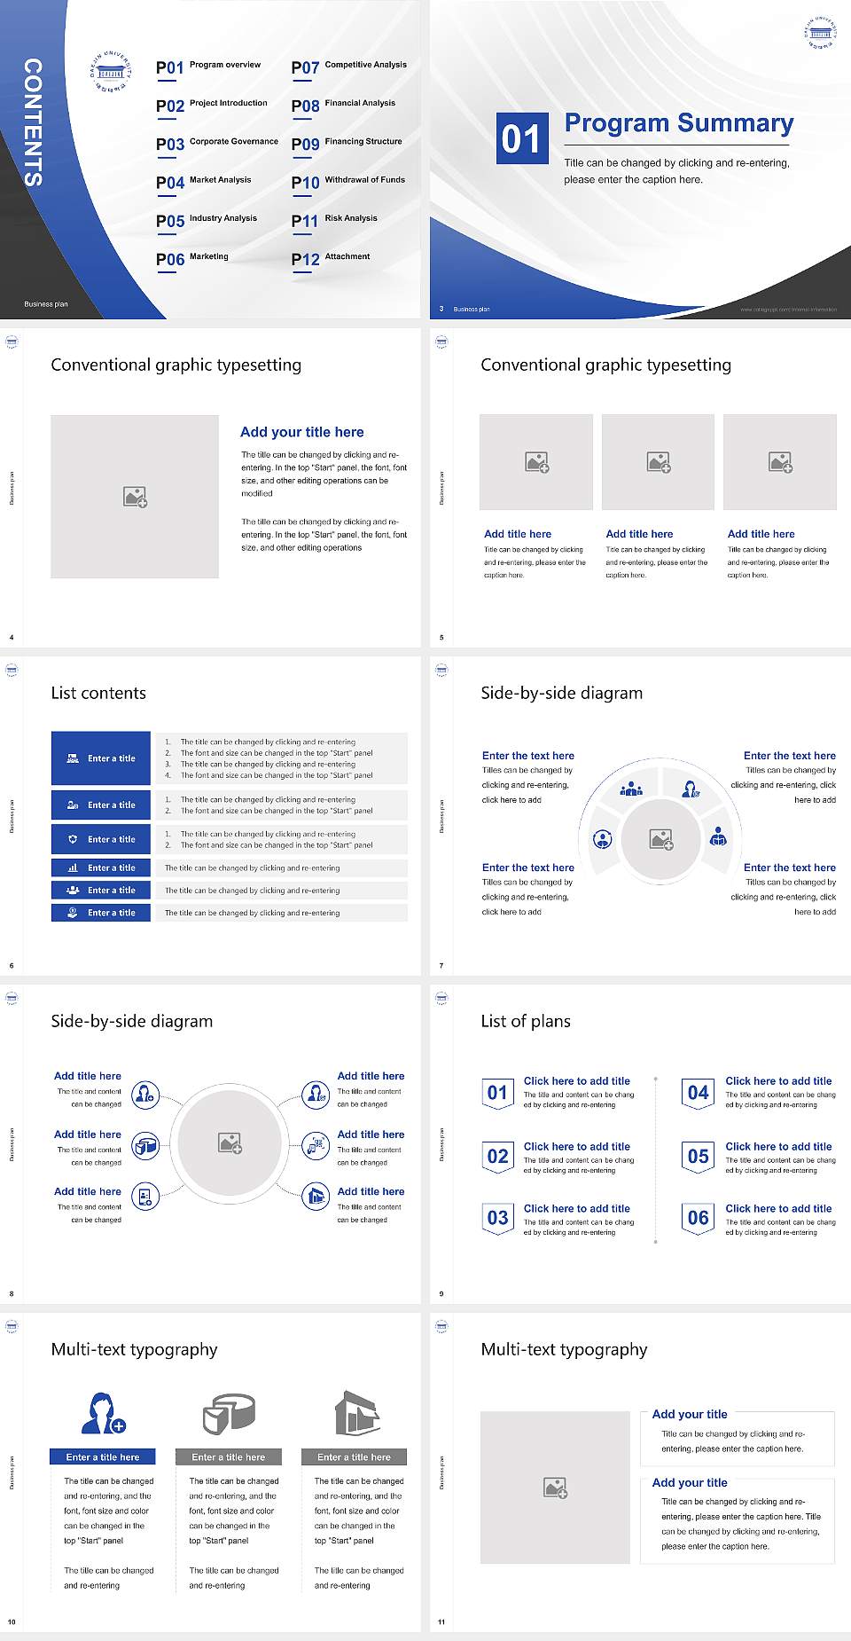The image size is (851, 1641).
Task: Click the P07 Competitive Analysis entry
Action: [x=349, y=67]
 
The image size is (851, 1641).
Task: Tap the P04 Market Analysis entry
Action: [x=204, y=182]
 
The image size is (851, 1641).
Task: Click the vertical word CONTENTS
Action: [x=32, y=122]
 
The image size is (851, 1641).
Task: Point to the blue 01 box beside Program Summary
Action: [x=521, y=138]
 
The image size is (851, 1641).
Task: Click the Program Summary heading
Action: [x=678, y=123]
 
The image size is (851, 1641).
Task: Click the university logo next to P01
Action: [x=111, y=71]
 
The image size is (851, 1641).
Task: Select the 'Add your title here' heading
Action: [x=301, y=432]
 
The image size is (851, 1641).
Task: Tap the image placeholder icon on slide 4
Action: [x=135, y=497]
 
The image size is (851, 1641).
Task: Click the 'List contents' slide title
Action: [x=98, y=693]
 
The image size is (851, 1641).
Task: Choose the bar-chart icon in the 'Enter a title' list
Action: [x=73, y=868]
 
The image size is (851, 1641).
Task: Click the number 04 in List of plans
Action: [x=698, y=1093]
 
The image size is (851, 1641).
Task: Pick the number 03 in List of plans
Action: [x=497, y=1218]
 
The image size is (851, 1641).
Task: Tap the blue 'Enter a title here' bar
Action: [x=103, y=1456]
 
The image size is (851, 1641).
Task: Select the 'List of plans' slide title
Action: [x=526, y=1021]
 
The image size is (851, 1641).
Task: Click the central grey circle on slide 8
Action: [x=230, y=1142]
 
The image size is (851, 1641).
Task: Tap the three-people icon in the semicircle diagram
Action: [x=631, y=789]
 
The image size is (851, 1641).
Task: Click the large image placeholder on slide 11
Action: [x=555, y=1488]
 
